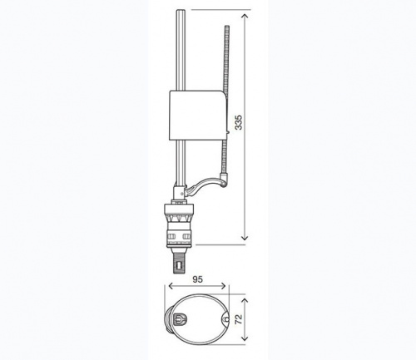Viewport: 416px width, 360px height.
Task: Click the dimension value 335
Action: click(239, 122)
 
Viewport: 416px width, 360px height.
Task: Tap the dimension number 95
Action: click(197, 279)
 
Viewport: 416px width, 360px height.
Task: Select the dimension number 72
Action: click(239, 319)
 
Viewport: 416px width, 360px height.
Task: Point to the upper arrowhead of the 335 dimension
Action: click(245, 17)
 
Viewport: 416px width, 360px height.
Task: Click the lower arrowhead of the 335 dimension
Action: click(245, 238)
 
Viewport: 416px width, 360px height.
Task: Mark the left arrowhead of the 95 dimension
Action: click(171, 286)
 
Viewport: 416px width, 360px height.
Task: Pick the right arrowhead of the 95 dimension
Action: click(223, 286)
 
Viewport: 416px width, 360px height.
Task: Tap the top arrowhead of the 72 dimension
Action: click(245, 301)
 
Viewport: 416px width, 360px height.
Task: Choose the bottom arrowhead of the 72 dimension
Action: click(245, 338)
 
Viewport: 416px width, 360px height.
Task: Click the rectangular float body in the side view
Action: click(198, 115)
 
